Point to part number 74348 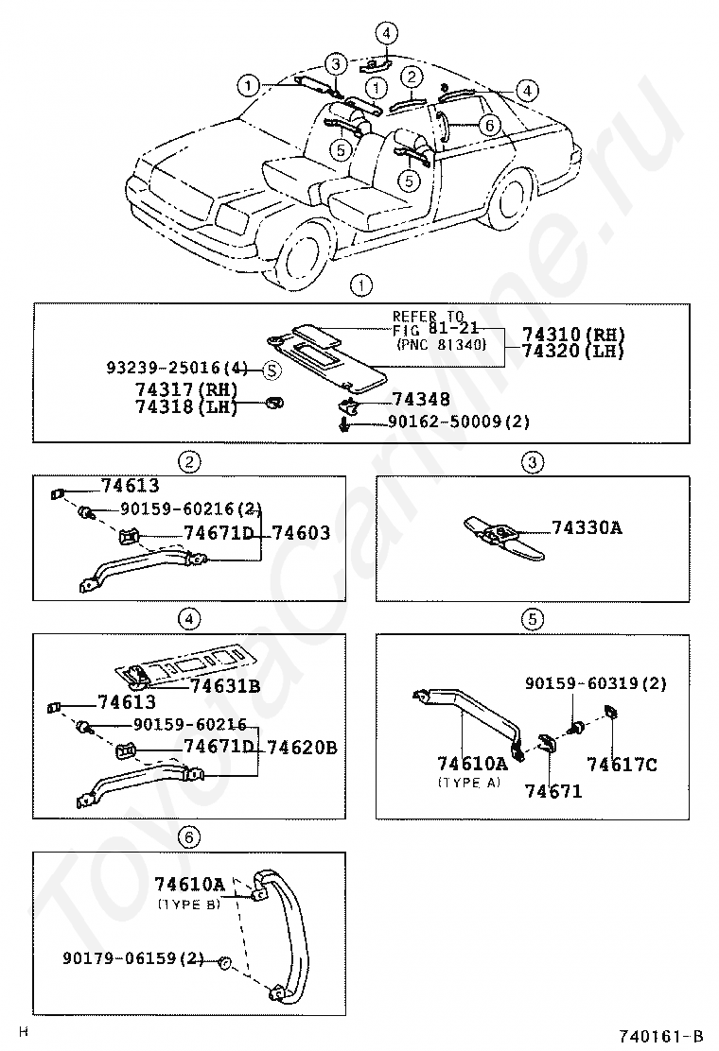[x=421, y=401]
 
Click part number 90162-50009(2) [x=458, y=422]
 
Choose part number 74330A [x=587, y=528]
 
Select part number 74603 [x=301, y=534]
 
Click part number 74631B [x=225, y=687]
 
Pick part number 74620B [x=302, y=747]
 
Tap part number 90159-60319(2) [x=596, y=683]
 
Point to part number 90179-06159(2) [x=133, y=958]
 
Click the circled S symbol [x=270, y=370]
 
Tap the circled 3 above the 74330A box [x=532, y=462]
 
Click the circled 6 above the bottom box [x=189, y=836]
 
